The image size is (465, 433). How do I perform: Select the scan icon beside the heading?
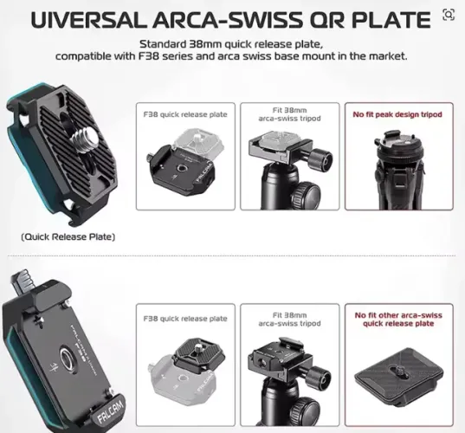(x=448, y=15)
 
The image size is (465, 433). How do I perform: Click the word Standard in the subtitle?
(x=164, y=44)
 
